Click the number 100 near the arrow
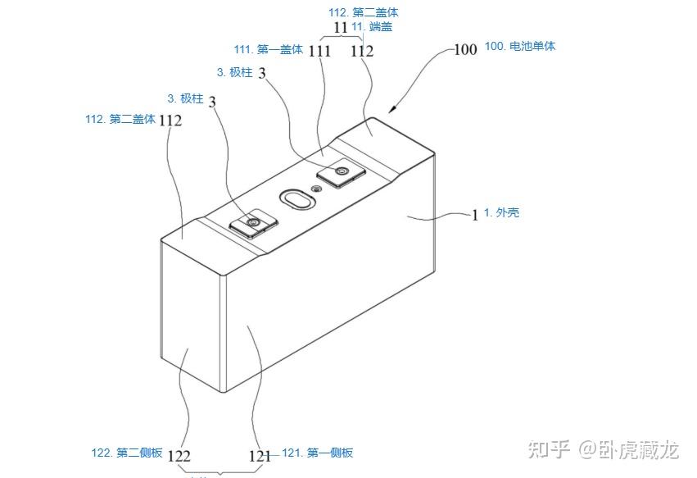(x=465, y=49)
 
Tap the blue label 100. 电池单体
(x=521, y=47)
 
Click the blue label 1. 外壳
(x=501, y=213)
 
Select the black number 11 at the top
(x=341, y=28)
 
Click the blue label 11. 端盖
(x=372, y=27)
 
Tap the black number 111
(x=319, y=51)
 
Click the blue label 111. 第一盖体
(x=269, y=50)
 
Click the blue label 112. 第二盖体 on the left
(x=120, y=119)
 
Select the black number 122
(x=179, y=456)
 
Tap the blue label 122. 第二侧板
(x=127, y=453)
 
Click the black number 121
(x=260, y=456)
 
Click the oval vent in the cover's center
(x=295, y=198)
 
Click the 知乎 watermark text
(x=549, y=449)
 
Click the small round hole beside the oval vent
(x=317, y=189)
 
